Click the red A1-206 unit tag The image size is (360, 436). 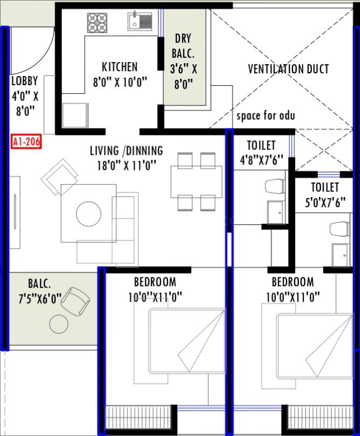tap(26, 143)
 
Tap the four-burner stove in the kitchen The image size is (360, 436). tap(97, 23)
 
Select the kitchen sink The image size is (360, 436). tap(140, 22)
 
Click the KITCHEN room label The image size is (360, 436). tap(119, 67)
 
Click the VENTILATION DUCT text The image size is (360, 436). tap(288, 69)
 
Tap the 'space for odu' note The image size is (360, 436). tap(266, 116)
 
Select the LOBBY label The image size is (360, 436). tap(25, 81)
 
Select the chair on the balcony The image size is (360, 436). tap(74, 301)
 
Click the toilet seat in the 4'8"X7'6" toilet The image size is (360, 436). tap(274, 187)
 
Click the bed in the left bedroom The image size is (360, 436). tap(186, 341)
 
